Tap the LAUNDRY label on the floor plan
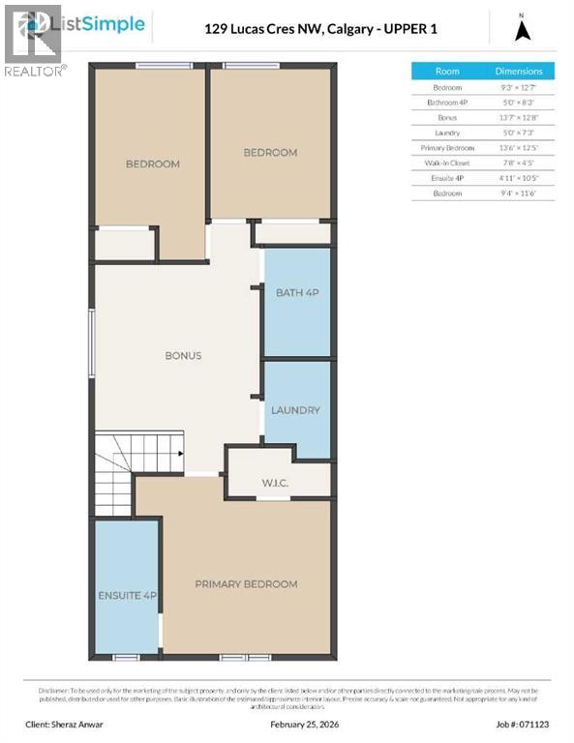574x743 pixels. pyautogui.click(x=295, y=410)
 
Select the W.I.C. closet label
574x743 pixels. pyautogui.click(x=276, y=483)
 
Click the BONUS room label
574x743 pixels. pyautogui.click(x=183, y=356)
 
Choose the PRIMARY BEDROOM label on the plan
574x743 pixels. pyautogui.click(x=246, y=584)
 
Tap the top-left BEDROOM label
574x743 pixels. pyautogui.click(x=153, y=164)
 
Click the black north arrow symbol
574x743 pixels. pyautogui.click(x=523, y=30)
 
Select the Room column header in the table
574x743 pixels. pyautogui.click(x=447, y=72)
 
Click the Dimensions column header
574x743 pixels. pyautogui.click(x=520, y=72)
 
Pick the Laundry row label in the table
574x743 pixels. pyautogui.click(x=447, y=133)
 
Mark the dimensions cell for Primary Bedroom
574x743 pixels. pyautogui.click(x=520, y=148)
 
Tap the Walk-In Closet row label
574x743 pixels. pyautogui.click(x=447, y=163)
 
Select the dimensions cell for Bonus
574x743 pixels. pyautogui.click(x=520, y=118)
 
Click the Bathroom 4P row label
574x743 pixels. pyautogui.click(x=447, y=103)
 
